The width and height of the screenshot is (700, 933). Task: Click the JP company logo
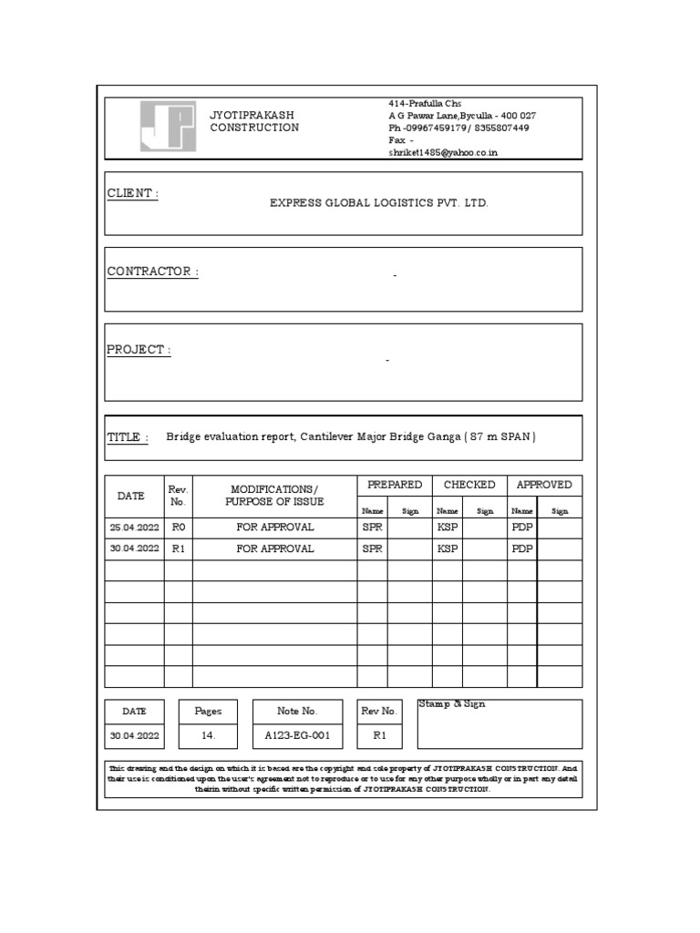point(167,126)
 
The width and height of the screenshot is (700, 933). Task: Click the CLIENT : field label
point(133,194)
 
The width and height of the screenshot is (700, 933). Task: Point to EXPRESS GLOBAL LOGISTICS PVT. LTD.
point(378,203)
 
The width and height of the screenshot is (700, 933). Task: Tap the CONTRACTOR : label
point(153,272)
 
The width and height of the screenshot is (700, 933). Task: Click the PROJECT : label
point(139,350)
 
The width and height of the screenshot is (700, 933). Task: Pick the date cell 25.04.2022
point(134,527)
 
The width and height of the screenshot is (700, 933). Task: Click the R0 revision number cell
point(178,527)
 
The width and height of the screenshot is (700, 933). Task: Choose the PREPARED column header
point(394,485)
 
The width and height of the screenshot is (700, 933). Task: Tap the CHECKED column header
point(469,485)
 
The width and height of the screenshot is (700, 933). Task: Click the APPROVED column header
point(544,485)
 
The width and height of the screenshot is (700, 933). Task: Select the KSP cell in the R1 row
point(447,549)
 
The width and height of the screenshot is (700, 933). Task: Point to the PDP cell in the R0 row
point(521,527)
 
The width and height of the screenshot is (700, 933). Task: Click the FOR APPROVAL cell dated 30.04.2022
point(274,549)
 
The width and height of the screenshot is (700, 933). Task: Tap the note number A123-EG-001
point(297,735)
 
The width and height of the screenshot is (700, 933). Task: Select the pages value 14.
point(208,735)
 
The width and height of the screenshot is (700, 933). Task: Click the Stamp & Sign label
point(452,705)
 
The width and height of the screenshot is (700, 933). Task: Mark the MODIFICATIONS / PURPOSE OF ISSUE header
point(274,496)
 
